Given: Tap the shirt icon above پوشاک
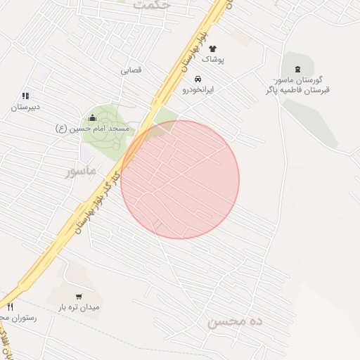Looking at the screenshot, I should tap(212, 49).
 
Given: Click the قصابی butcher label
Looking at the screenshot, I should tap(131, 70).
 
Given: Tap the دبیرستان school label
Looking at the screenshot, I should tap(25, 108).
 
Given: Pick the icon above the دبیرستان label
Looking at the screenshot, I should tap(25, 96).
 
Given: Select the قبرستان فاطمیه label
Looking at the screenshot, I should tap(298, 90).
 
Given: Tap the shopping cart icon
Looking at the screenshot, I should tap(79, 296).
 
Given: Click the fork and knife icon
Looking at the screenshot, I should tap(10, 307).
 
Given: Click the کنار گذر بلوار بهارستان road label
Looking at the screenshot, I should tap(98, 203).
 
